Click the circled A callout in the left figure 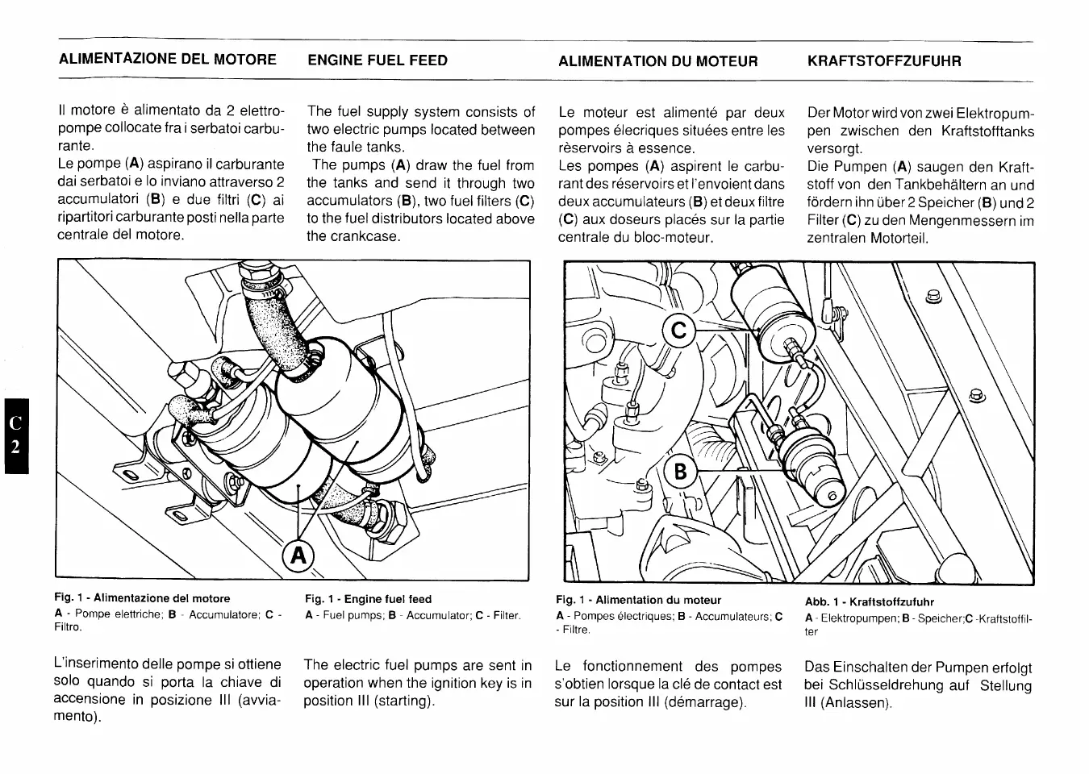coord(298,555)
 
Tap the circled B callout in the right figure coord(679,471)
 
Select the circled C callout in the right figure coord(678,331)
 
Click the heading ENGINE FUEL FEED coord(377,60)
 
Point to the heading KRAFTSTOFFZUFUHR coord(884,61)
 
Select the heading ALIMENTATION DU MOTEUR coord(657,61)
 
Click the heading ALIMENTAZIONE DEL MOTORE coord(168,60)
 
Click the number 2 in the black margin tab coord(15,447)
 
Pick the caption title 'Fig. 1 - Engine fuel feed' coord(368,599)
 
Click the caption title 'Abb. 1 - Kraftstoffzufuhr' coord(869,601)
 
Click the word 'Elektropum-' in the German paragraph coord(995,113)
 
